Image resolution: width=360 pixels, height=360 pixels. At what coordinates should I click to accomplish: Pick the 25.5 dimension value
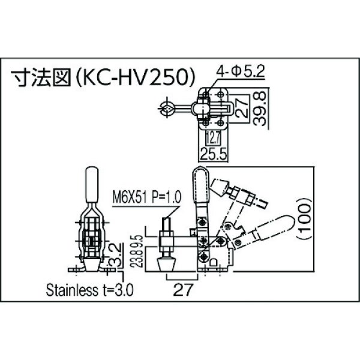214,154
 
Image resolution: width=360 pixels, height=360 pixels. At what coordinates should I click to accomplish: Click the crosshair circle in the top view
166,109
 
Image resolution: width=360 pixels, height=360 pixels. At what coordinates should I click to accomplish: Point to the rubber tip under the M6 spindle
167,265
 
